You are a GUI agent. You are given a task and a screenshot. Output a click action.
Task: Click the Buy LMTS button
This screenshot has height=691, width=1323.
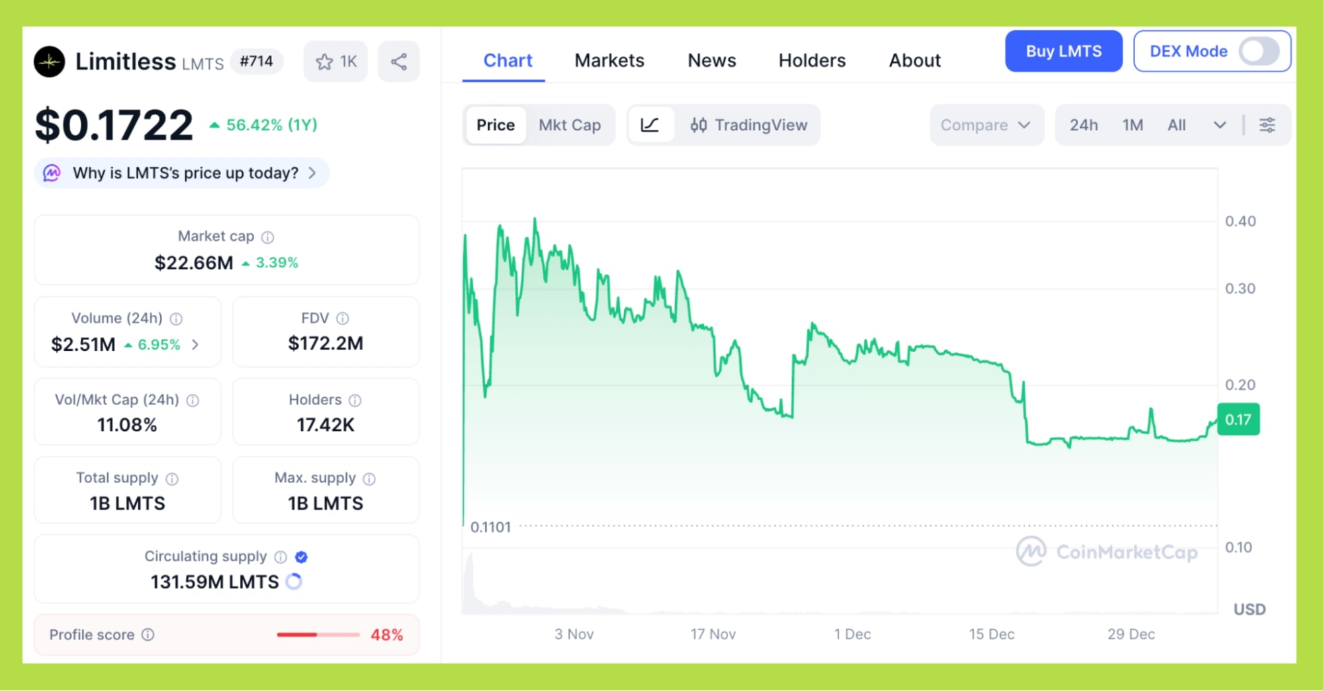[1063, 52]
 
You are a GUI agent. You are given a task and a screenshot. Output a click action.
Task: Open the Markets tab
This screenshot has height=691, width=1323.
[609, 61]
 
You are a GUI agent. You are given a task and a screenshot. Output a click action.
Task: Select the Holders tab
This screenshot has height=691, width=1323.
[811, 61]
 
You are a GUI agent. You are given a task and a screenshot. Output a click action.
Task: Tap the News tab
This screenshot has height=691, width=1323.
[711, 61]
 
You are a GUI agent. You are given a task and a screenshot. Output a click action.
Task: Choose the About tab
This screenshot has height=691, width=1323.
[914, 61]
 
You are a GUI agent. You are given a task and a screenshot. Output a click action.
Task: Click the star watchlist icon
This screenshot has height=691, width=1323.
[324, 62]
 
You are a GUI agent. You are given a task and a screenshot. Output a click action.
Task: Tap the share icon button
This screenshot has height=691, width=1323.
[398, 62]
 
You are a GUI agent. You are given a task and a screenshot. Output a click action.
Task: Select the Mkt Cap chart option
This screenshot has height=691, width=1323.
[569, 125]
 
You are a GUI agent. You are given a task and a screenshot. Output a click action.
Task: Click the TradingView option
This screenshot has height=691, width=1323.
[749, 125]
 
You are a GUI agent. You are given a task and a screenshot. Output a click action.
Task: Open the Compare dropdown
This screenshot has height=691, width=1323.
[985, 125]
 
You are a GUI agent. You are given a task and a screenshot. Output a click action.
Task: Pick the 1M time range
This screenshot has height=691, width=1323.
[1132, 125]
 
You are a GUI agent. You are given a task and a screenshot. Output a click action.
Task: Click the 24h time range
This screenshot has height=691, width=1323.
[1083, 125]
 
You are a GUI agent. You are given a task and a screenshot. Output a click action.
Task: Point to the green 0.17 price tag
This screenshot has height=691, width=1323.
[1238, 420]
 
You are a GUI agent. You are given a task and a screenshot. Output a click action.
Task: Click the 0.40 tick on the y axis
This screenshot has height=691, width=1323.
[1240, 222]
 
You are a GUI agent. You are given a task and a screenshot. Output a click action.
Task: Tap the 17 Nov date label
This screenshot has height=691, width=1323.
[713, 634]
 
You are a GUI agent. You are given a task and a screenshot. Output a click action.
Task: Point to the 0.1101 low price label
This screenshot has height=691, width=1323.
[490, 528]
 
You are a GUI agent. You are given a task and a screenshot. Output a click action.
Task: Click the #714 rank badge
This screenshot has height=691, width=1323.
[256, 62]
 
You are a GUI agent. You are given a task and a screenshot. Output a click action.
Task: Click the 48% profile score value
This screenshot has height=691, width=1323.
[387, 635]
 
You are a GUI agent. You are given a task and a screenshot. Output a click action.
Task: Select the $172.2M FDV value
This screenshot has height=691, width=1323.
[326, 344]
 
